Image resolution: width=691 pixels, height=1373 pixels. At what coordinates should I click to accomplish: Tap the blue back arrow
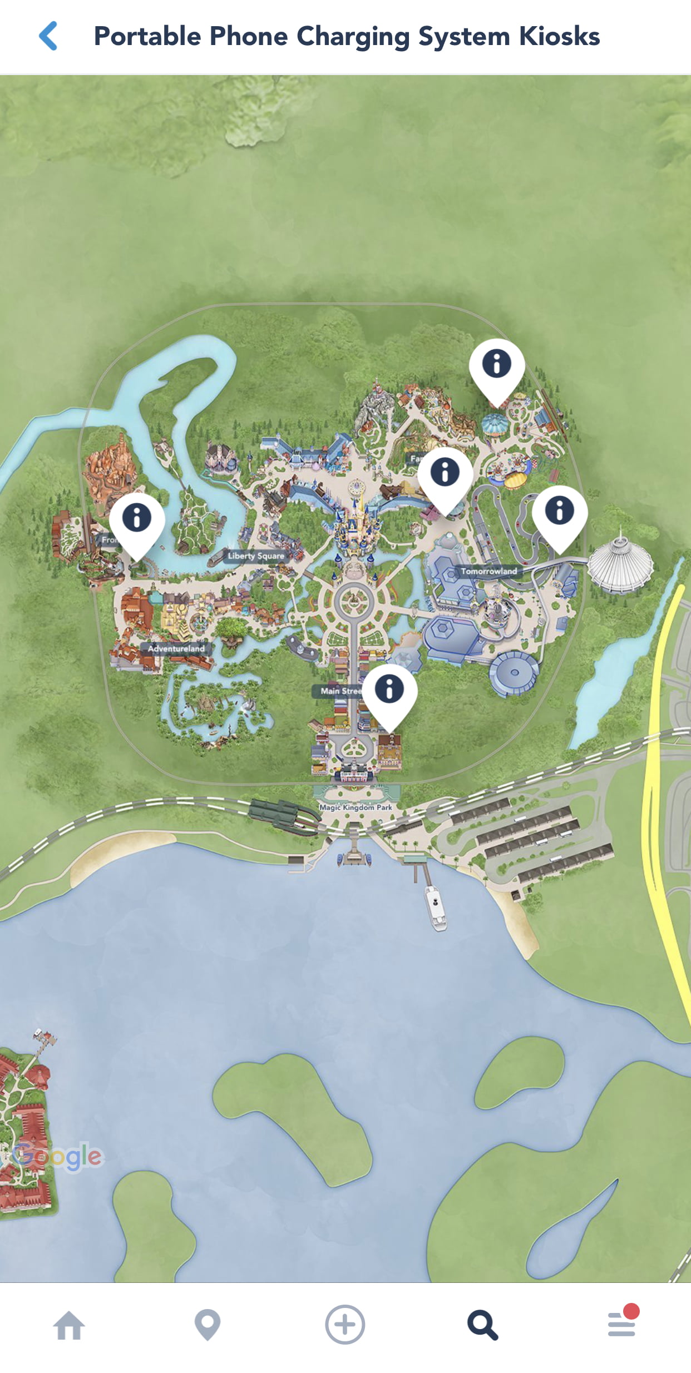48,36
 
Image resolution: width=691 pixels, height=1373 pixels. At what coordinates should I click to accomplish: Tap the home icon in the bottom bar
69,1325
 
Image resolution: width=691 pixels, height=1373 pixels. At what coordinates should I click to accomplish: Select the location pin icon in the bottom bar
208,1325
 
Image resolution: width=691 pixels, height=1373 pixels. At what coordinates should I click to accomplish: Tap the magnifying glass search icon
482,1325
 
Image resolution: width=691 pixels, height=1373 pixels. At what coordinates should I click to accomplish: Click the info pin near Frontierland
137,519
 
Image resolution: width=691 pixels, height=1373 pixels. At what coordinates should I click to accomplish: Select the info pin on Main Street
389,690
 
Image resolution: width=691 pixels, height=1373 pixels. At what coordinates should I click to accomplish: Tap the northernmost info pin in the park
497,365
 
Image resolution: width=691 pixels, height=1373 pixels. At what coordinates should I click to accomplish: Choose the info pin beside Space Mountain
560,512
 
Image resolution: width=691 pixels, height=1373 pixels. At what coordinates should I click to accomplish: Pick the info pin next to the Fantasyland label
445,473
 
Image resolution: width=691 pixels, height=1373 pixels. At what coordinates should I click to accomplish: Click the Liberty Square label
256,556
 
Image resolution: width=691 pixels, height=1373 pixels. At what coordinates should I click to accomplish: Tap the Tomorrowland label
488,571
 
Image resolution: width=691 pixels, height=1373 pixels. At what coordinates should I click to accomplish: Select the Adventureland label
176,648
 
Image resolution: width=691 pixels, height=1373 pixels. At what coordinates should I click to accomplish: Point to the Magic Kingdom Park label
356,807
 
